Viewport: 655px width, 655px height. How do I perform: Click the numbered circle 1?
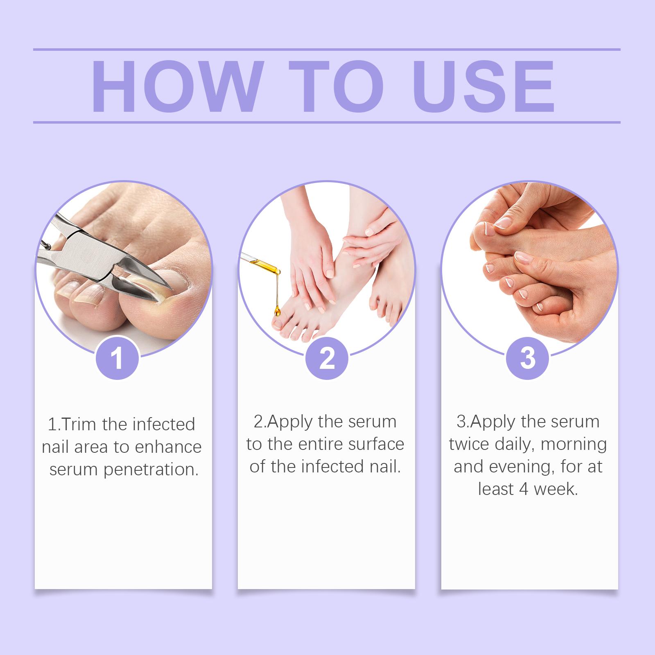coord(117,357)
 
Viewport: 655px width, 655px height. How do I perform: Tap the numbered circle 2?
coord(327,357)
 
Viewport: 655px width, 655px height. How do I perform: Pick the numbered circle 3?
coord(528,357)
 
